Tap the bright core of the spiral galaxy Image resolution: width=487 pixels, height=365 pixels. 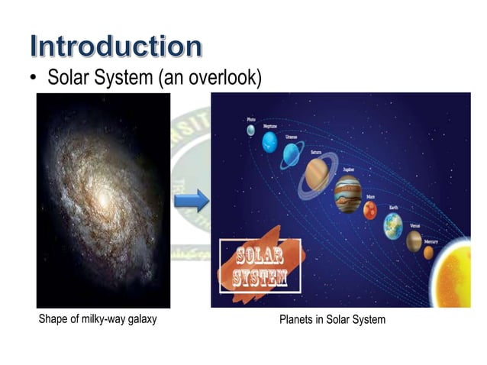point(102,201)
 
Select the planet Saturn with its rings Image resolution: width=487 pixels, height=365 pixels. point(314,174)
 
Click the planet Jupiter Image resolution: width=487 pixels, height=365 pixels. point(348,194)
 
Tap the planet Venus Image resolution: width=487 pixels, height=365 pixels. point(414,240)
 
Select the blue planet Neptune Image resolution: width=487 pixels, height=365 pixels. point(269,141)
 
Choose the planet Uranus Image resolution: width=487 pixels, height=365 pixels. point(292,156)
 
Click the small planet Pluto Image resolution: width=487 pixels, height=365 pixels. point(250,130)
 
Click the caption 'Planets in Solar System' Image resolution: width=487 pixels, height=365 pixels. point(332,319)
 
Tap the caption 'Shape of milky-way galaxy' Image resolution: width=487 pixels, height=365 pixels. point(97,319)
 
